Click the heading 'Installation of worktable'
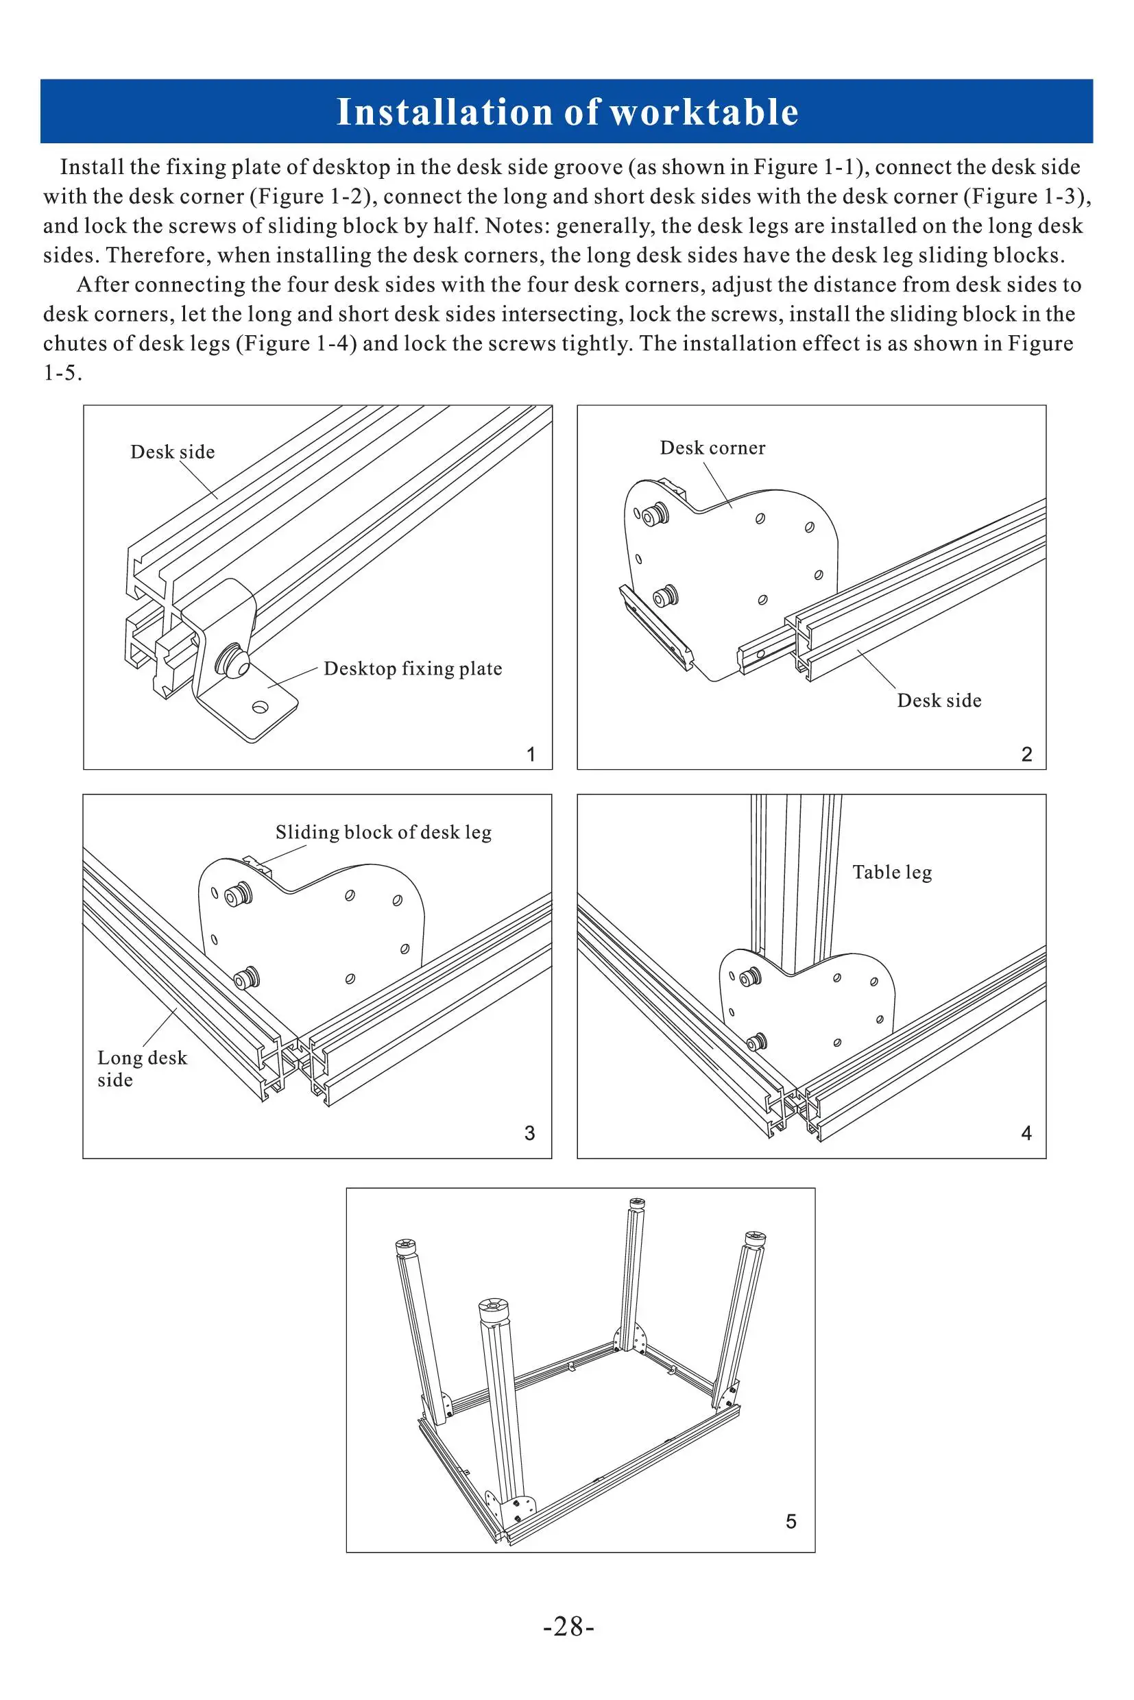point(567,112)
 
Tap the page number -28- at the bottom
point(568,1626)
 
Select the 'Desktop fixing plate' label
point(412,668)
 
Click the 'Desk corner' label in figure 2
point(712,448)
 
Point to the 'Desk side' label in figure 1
point(172,452)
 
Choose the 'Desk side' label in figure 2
point(939,700)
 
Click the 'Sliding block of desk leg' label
point(383,832)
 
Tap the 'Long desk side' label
point(141,1068)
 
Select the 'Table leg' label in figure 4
point(892,872)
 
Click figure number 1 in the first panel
point(531,755)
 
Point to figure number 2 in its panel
point(1026,754)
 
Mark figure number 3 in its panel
point(529,1133)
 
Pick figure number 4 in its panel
point(1026,1133)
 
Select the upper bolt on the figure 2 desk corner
point(657,515)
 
